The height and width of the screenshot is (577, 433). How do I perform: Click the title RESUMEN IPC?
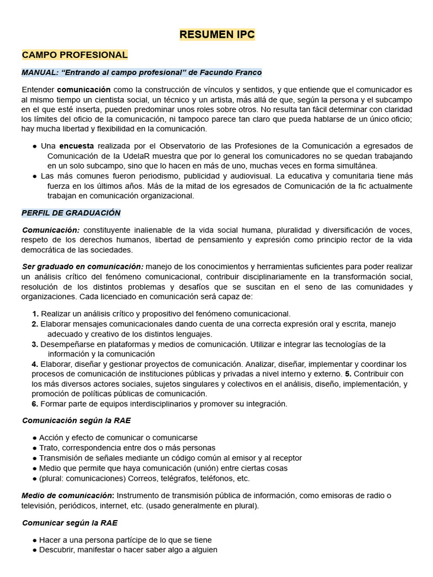(x=217, y=34)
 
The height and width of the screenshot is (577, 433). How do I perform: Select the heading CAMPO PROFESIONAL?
(x=74, y=55)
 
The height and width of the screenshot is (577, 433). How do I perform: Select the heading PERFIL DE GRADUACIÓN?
(x=71, y=213)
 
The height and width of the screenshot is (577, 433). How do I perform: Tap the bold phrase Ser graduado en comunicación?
(x=83, y=267)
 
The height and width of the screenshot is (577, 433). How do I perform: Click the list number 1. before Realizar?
(x=35, y=313)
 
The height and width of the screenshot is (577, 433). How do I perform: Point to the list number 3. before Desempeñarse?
(x=35, y=344)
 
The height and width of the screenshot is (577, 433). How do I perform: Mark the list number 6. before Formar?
(x=35, y=404)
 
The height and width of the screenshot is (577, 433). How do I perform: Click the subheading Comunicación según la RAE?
(x=76, y=420)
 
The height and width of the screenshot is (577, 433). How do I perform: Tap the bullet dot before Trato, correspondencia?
(x=35, y=448)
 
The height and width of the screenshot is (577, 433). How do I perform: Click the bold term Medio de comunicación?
(x=67, y=495)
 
